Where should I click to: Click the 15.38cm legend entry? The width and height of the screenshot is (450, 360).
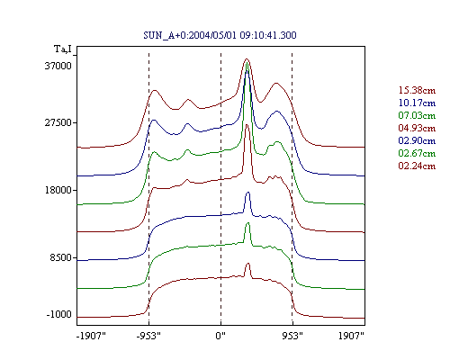[x=417, y=90]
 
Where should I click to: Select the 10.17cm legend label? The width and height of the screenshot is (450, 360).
[x=417, y=103]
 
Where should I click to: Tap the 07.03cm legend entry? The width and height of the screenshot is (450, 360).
[x=417, y=115]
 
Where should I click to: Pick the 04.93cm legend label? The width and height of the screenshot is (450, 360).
[x=417, y=128]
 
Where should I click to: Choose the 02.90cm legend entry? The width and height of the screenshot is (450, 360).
[x=417, y=140]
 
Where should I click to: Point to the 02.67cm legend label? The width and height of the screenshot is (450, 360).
[x=417, y=153]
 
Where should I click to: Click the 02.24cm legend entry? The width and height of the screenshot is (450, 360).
[x=417, y=166]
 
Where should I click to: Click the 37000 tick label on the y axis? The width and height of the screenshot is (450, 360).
[x=58, y=66]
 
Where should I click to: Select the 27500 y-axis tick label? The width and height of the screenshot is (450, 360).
[x=58, y=122]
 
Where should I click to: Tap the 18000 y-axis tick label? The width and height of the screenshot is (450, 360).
[x=58, y=190]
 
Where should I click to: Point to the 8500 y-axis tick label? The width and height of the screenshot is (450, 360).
[x=61, y=257]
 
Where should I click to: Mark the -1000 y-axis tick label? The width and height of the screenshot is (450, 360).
[x=59, y=314]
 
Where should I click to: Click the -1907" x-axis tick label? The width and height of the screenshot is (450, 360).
[x=91, y=336]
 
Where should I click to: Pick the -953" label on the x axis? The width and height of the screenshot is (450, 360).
[x=148, y=336]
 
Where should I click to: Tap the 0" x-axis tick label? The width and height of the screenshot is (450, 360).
[x=220, y=336]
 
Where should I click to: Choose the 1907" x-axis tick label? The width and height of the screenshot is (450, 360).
[x=351, y=336]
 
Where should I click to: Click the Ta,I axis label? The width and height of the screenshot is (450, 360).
[x=63, y=49]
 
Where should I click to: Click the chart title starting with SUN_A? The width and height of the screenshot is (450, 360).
[x=220, y=35]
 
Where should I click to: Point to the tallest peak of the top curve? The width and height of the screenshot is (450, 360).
[x=247, y=59]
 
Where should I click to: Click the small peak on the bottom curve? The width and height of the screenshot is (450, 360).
[x=247, y=264]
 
